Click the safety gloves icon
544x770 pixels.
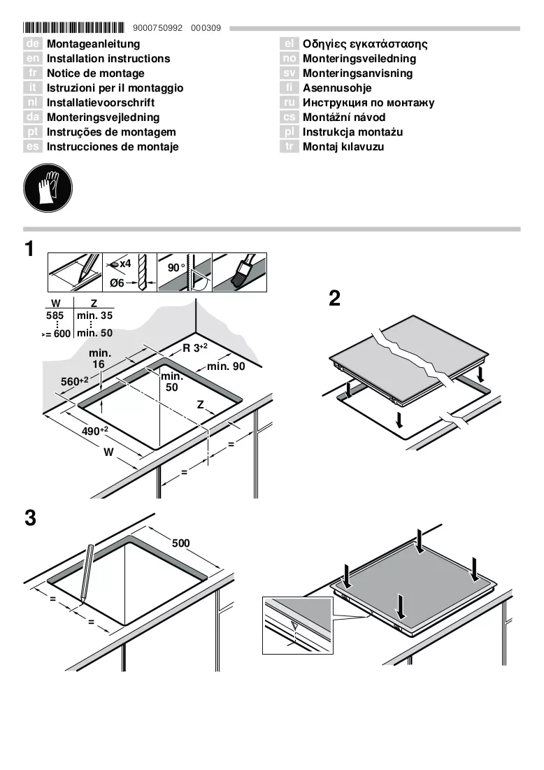[x=48, y=188]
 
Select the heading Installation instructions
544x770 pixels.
[x=108, y=59]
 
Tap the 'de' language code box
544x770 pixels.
[x=32, y=43]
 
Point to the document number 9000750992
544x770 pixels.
[x=157, y=28]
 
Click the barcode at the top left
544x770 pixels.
[x=73, y=27]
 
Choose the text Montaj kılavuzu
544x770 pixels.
[x=343, y=146]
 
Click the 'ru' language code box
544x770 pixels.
[x=289, y=102]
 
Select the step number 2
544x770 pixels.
[x=334, y=299]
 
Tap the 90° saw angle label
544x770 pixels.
[x=176, y=268]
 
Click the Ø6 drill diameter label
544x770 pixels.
[x=117, y=283]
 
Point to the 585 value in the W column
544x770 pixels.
[x=55, y=315]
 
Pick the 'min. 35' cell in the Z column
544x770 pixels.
[x=95, y=315]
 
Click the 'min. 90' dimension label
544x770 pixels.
[x=226, y=366]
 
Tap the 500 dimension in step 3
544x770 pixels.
[x=180, y=543]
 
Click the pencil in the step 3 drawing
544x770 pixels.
[x=87, y=573]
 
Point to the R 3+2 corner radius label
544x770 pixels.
[x=195, y=348]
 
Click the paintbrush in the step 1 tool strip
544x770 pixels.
[x=241, y=271]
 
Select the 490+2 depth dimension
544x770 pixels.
[x=95, y=431]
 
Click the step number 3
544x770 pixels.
[x=31, y=518]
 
